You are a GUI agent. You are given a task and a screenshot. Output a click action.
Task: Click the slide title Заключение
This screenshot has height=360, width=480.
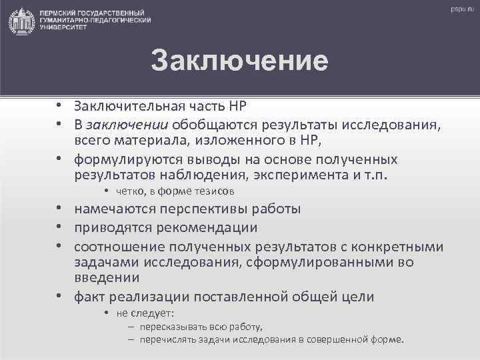click(x=239, y=61)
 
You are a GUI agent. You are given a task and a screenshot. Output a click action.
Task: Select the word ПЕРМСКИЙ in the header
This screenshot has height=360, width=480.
click(x=63, y=14)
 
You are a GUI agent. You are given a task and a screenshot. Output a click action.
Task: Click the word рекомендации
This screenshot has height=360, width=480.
click(x=208, y=227)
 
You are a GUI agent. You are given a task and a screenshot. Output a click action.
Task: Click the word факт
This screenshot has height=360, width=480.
click(x=89, y=296)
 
